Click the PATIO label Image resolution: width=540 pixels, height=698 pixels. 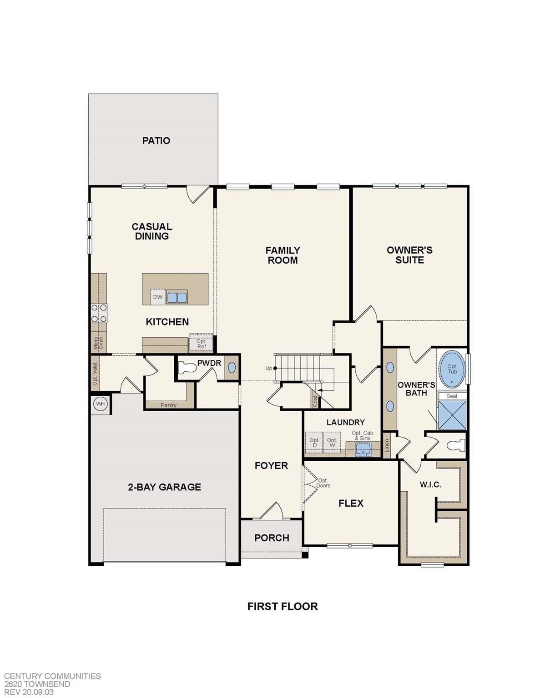156,140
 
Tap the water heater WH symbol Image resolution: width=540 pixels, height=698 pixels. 100,404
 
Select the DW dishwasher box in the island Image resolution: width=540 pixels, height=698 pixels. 157,297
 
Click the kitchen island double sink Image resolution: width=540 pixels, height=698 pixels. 177,298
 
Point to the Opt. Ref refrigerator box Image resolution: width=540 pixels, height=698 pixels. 201,344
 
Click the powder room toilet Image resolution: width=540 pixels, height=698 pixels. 187,368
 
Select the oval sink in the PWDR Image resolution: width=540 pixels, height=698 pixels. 232,367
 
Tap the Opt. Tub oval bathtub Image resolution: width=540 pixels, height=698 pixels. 452,369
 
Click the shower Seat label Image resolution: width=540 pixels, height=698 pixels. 452,396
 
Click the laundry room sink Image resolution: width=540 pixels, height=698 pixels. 363,449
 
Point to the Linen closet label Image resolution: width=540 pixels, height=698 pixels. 387,446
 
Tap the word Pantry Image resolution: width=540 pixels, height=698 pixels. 168,405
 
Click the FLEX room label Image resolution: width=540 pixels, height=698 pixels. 351,503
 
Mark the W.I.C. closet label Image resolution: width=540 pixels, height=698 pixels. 430,484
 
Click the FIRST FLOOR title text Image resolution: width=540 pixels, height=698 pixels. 283,606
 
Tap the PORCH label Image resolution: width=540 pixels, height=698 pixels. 272,538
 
